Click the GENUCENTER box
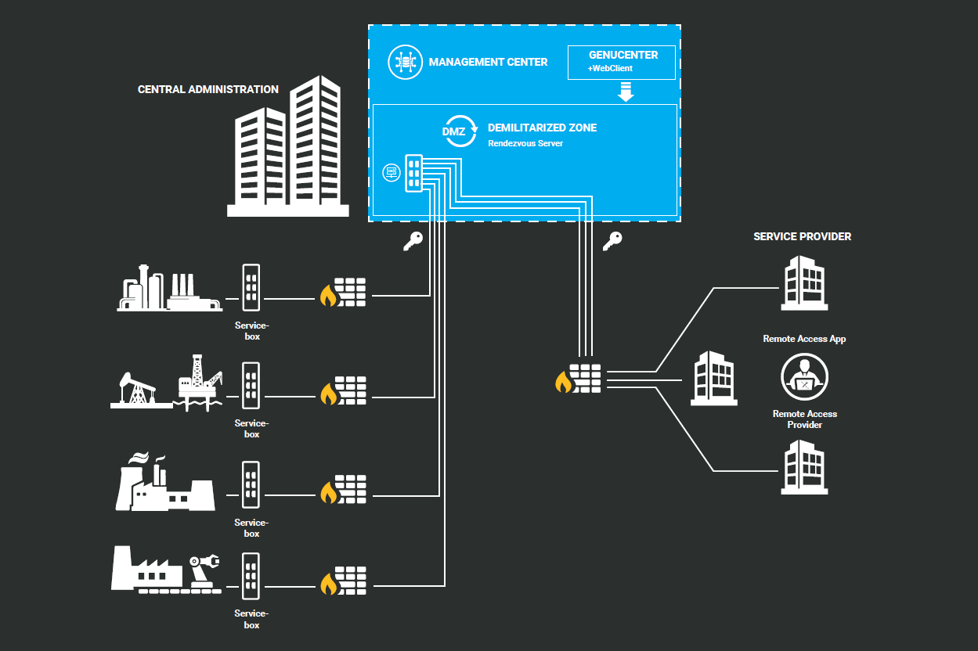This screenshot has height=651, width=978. [x=621, y=62]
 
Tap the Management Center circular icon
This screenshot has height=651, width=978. [x=405, y=62]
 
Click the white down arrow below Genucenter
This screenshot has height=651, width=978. [x=625, y=93]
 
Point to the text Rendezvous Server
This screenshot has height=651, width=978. [x=525, y=144]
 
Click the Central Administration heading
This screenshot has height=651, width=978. [x=208, y=89]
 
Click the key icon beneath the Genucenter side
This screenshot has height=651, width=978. [x=612, y=242]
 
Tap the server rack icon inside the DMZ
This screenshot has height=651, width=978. [x=413, y=172]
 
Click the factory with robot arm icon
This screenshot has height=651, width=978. [x=166, y=571]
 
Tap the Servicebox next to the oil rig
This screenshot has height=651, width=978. [x=251, y=385]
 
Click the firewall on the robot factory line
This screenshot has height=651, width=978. [x=343, y=579]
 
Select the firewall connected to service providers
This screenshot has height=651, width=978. [x=579, y=378]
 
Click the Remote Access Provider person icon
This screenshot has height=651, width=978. [x=804, y=377]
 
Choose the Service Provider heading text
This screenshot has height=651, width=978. [x=802, y=236]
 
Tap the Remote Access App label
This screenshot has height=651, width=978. [x=804, y=339]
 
